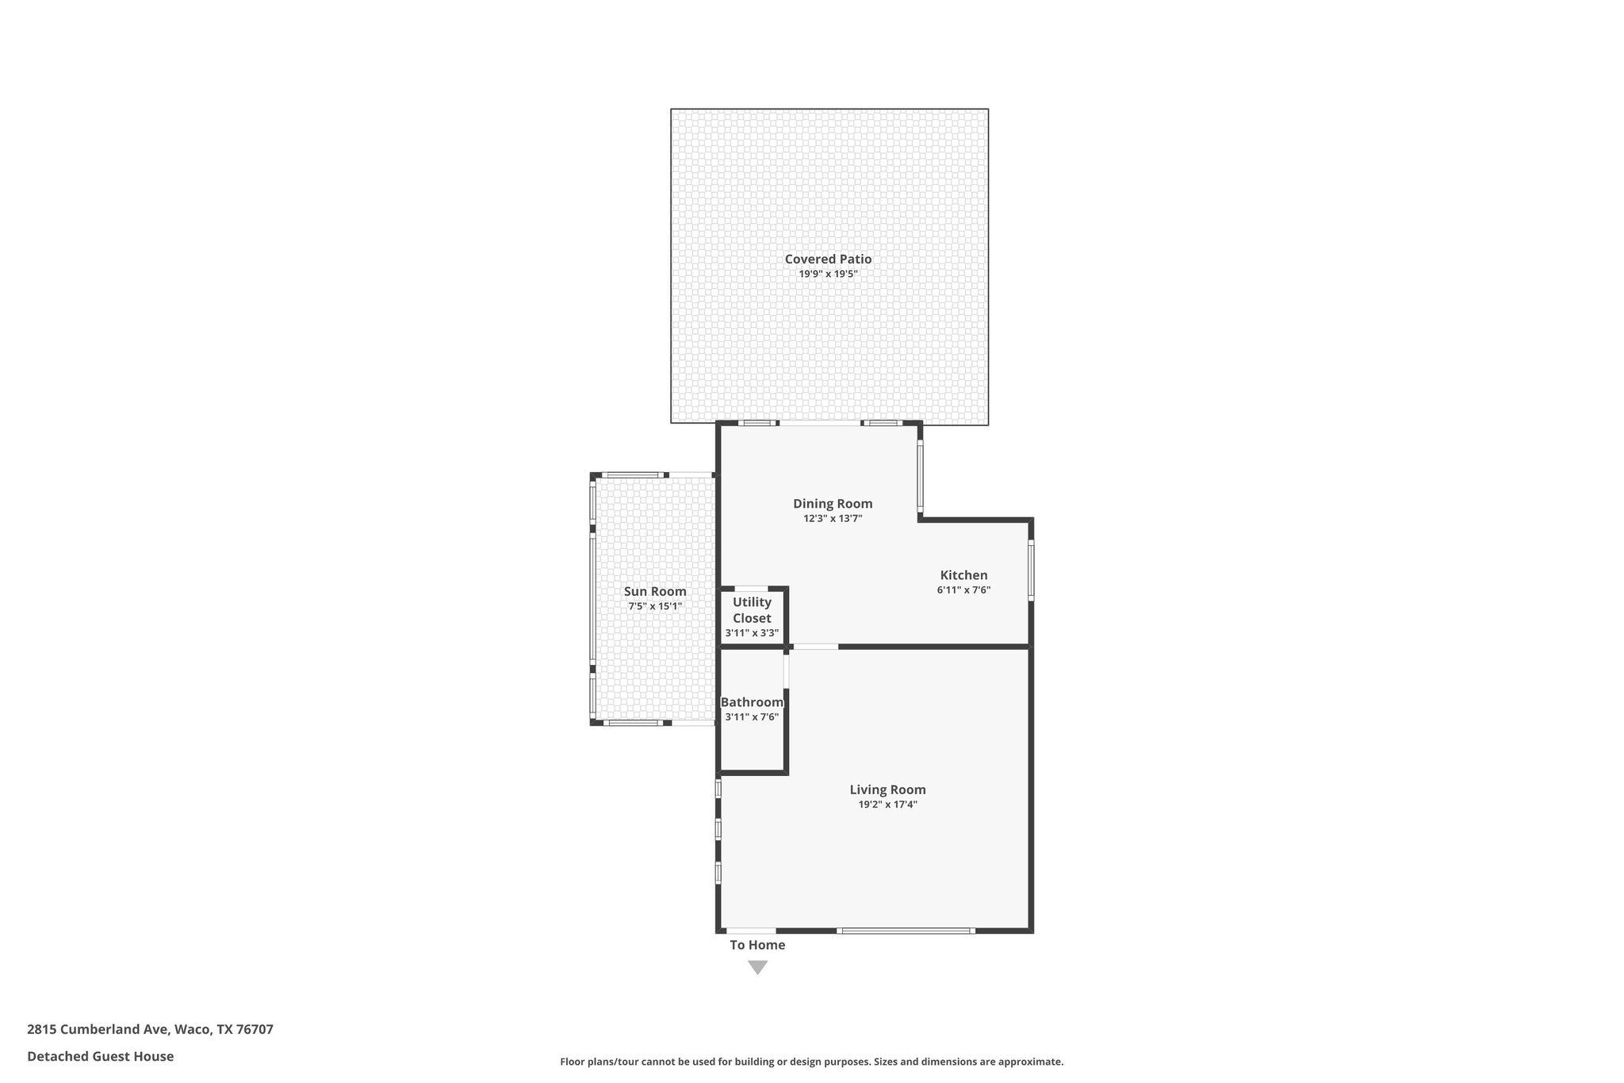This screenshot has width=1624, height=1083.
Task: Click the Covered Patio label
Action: coord(828,259)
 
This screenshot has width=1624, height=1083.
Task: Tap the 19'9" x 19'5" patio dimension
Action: coord(828,274)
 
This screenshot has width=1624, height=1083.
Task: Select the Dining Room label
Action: coord(833,503)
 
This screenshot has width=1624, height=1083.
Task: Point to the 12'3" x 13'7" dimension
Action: coord(833,518)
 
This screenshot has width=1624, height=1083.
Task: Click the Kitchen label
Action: coord(963,574)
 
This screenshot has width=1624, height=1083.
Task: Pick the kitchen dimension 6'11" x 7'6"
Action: coord(963,590)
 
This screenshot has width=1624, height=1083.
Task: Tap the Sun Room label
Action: coord(655,591)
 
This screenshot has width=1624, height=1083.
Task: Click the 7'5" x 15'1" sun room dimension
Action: coord(655,606)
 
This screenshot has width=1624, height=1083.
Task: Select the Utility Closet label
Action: coord(752,609)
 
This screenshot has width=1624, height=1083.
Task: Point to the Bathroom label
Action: coord(752,701)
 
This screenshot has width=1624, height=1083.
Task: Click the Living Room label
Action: coord(887,789)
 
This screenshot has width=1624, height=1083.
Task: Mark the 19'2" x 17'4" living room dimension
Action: coord(887,804)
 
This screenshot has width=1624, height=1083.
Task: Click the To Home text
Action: coord(757,944)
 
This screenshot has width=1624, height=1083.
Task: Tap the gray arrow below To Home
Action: coord(758,967)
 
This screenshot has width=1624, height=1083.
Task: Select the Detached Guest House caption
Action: coord(100,1056)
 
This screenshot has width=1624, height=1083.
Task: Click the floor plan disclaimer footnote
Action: coord(811,1062)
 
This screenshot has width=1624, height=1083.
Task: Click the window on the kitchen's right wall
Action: coord(1031,569)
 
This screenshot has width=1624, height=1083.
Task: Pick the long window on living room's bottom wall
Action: coord(906,930)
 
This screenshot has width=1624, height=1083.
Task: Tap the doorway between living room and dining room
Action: coord(816,647)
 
